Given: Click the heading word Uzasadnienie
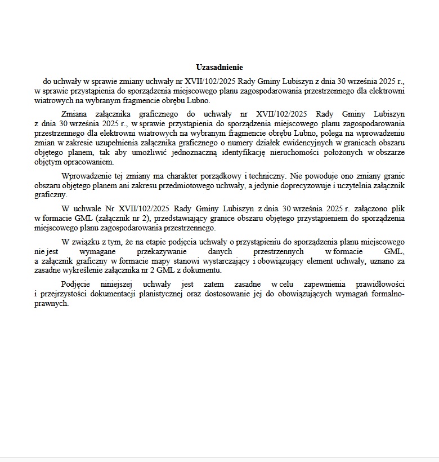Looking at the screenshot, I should tap(219, 67).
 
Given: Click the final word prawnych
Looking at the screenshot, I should tap(51, 303).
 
